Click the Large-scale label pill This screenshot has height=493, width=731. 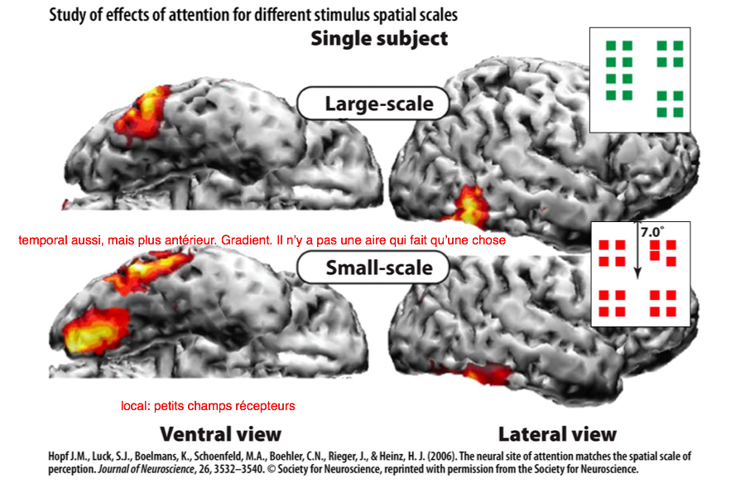point(373,104)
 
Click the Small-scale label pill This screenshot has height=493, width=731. point(373,268)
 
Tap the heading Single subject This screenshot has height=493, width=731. point(378,39)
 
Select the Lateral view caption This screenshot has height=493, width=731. point(556,433)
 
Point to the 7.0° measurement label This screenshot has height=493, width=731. point(652,234)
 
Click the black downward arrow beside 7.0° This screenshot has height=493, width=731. point(637,252)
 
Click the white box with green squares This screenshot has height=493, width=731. point(638,80)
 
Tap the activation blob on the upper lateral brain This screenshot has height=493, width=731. point(470,206)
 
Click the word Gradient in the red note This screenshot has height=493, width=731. point(267,240)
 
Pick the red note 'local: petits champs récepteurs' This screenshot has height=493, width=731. point(208,406)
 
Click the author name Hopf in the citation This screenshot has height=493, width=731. point(60,456)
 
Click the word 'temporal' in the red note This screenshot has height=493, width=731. point(41,240)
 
